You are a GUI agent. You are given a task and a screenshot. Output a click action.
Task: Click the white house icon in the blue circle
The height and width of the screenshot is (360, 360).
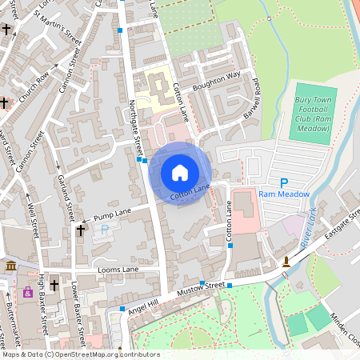click(180, 172)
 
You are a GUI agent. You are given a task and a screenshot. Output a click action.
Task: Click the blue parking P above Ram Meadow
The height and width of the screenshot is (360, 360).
click(284, 183)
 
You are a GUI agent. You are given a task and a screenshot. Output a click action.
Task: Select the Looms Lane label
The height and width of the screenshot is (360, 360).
click(118, 270)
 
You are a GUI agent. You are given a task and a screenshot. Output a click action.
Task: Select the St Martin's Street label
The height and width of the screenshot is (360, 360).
click(64, 36)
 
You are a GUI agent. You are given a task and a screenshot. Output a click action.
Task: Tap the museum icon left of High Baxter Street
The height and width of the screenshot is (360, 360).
click(10, 266)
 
